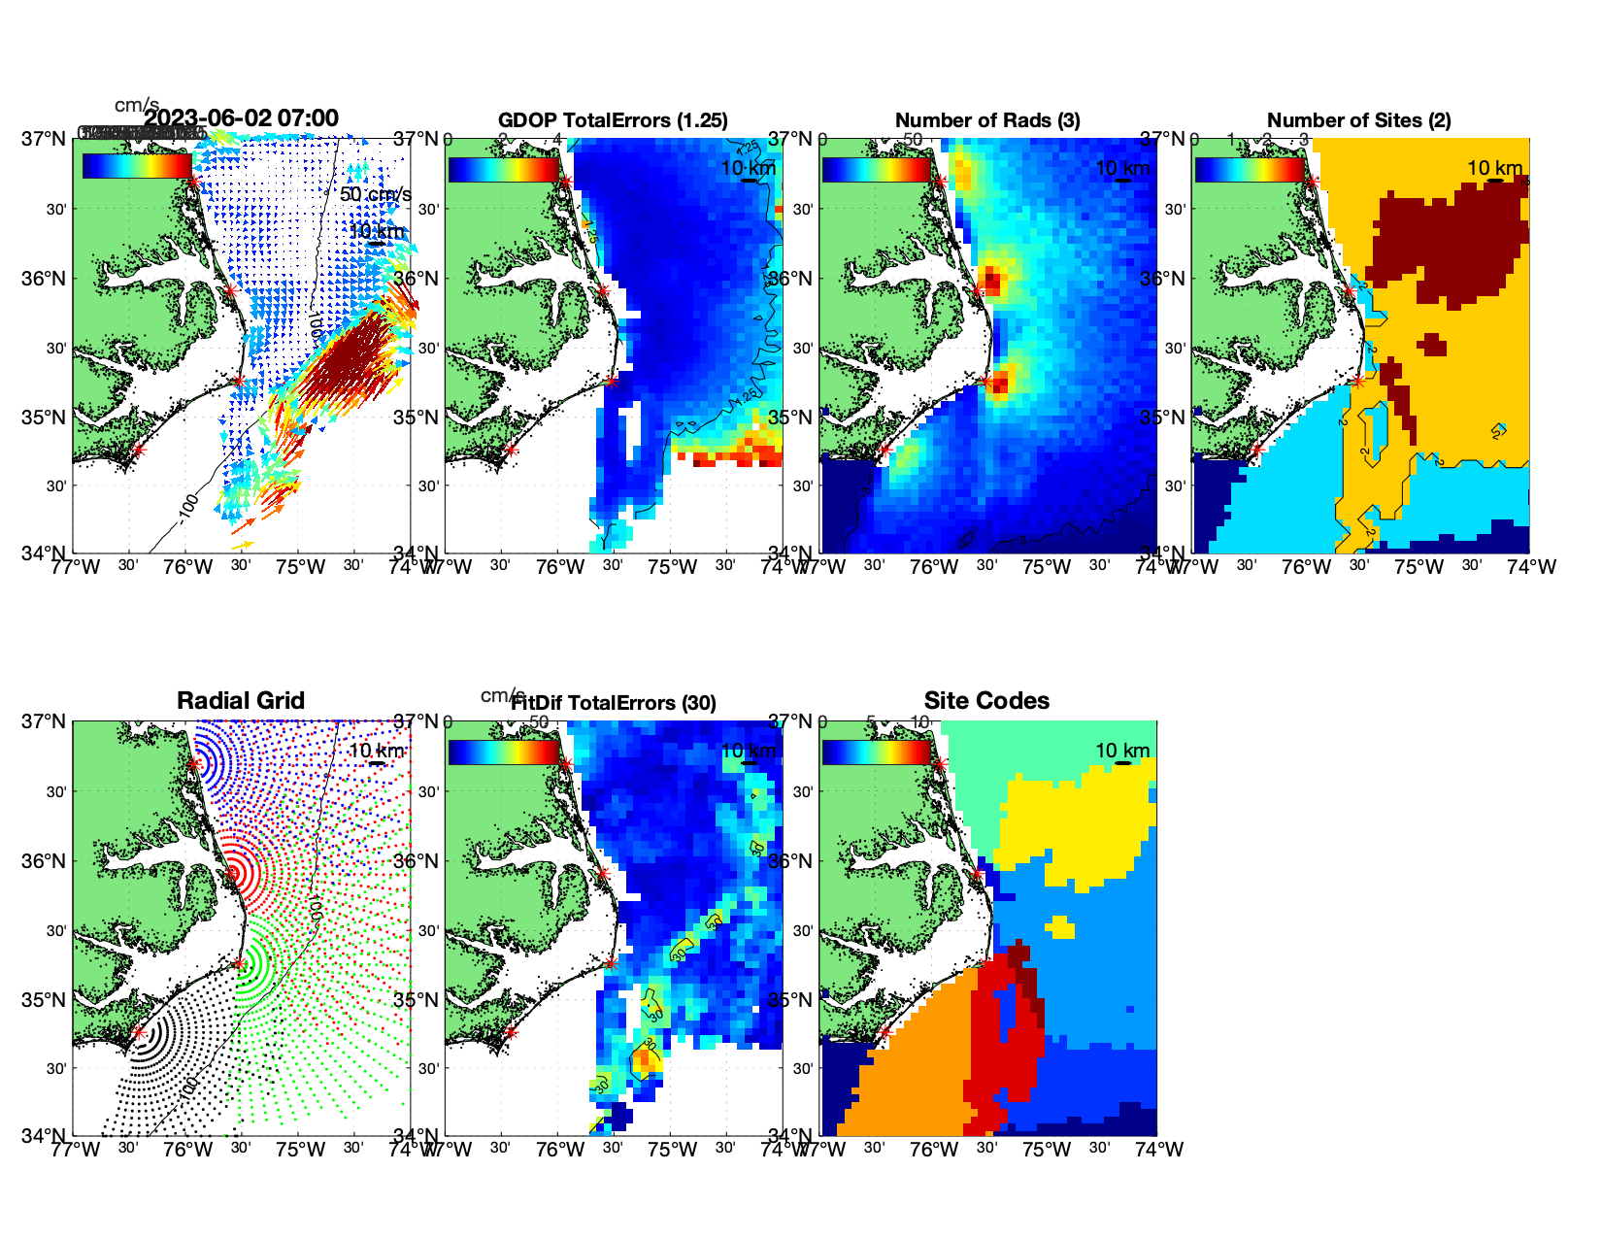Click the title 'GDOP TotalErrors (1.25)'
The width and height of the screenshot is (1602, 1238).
coord(613,120)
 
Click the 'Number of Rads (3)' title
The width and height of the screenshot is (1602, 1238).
coord(986,120)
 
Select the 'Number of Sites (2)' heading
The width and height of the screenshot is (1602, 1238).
coord(1358,120)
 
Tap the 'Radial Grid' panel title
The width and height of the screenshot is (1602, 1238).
coord(241,701)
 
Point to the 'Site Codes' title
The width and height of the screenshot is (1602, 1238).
coord(986,701)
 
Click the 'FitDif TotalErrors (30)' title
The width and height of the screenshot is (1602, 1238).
coord(614,703)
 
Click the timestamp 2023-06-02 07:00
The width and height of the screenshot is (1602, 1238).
coord(242,118)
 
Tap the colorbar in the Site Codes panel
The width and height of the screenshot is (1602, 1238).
coord(876,753)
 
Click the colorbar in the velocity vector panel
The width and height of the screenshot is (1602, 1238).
coord(137,166)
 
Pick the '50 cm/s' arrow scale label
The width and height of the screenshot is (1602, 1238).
coord(375,194)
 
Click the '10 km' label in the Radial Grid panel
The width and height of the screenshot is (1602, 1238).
coord(376,751)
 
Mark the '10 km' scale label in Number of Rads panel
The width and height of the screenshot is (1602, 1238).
coord(1122,168)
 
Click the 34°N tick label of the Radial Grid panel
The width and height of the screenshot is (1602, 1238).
coord(46,1136)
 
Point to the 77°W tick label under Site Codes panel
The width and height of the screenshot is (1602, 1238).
coord(827,1150)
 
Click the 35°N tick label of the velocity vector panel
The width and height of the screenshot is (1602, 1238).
coord(46,418)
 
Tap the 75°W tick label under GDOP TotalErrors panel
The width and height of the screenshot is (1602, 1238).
coord(672,567)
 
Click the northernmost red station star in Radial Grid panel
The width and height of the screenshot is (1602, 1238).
coord(194,764)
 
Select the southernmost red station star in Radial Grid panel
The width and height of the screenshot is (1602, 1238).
coord(139,1032)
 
